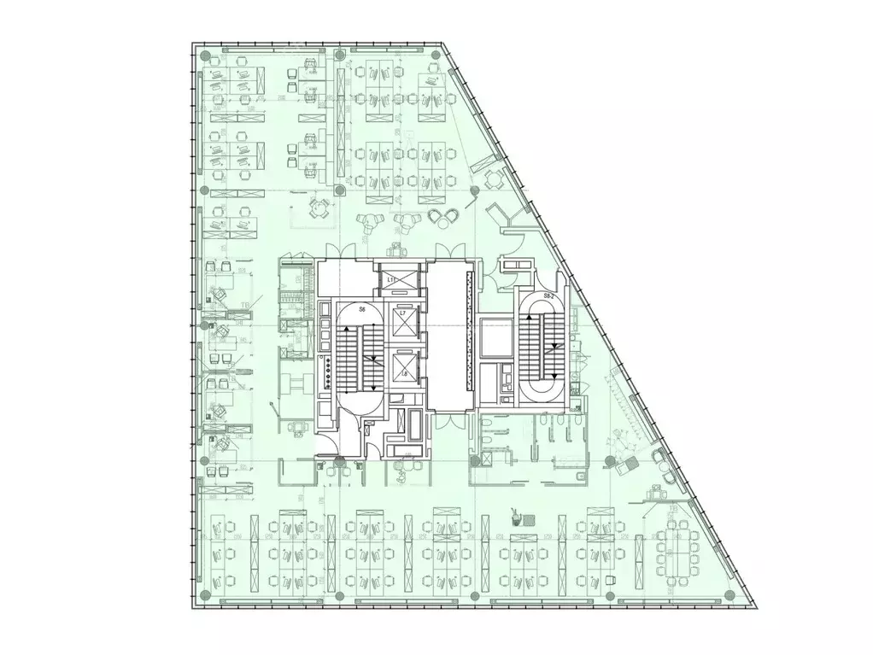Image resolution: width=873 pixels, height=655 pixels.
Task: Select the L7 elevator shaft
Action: [x=402, y=323]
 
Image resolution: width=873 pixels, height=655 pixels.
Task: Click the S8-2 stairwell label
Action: [x=549, y=296]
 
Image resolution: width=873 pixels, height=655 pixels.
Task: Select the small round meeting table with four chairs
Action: [x=319, y=206]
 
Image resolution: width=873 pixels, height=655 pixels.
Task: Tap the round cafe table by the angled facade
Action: [x=493, y=178]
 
